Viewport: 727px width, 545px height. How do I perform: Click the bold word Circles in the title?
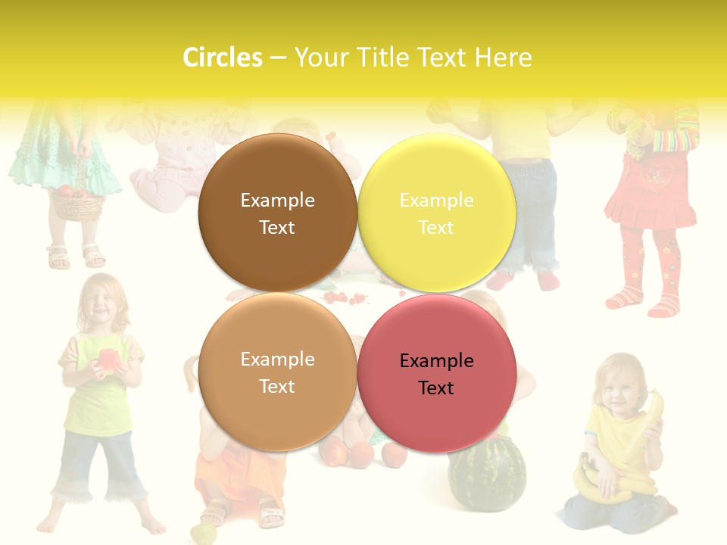click(223, 58)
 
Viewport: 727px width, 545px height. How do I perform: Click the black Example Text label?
click(436, 374)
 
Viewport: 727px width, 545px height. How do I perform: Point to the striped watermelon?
click(487, 475)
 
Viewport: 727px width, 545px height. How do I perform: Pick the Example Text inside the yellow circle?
click(436, 213)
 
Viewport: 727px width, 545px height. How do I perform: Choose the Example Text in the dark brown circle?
click(277, 213)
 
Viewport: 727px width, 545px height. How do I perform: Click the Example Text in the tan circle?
click(277, 372)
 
